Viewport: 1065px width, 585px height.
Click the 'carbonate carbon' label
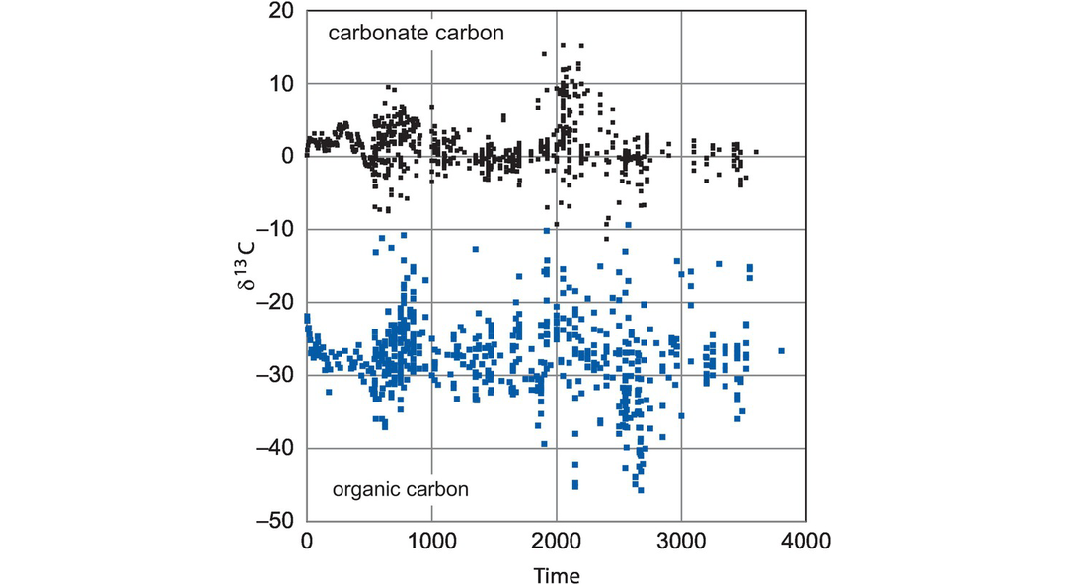pos(416,33)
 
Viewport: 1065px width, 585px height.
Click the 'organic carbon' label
pos(400,488)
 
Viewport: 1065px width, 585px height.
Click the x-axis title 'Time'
pos(557,575)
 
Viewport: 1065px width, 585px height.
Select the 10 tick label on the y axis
pos(282,84)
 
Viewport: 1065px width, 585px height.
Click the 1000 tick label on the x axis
pos(431,541)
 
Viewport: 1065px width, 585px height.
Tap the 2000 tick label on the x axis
pos(557,541)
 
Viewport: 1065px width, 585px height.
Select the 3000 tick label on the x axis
pos(682,541)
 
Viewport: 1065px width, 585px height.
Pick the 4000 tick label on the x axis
pos(806,541)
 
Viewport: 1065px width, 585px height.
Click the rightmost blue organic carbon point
pos(781,350)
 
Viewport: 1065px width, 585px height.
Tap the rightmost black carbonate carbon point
pos(756,152)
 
